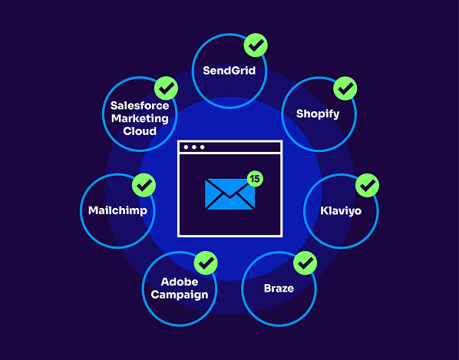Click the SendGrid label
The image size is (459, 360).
click(x=229, y=71)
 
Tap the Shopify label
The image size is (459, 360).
click(x=318, y=114)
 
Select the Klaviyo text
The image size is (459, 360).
click(x=341, y=210)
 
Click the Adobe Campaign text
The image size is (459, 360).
click(x=179, y=289)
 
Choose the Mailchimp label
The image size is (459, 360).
click(x=117, y=210)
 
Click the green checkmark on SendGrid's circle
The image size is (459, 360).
click(x=255, y=45)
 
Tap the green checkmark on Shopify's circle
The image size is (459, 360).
click(x=345, y=88)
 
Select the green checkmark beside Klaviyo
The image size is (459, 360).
click(x=368, y=185)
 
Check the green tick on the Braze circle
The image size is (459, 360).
click(x=305, y=263)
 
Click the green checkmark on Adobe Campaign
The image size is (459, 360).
click(x=205, y=263)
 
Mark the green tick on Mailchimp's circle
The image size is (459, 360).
click(x=144, y=185)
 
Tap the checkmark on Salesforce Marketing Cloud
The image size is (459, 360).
click(x=166, y=88)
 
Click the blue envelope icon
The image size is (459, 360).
click(x=229, y=193)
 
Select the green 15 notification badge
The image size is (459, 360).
click(x=254, y=178)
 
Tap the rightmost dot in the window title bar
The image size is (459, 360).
click(x=203, y=147)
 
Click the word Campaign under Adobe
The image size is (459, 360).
click(x=179, y=295)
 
